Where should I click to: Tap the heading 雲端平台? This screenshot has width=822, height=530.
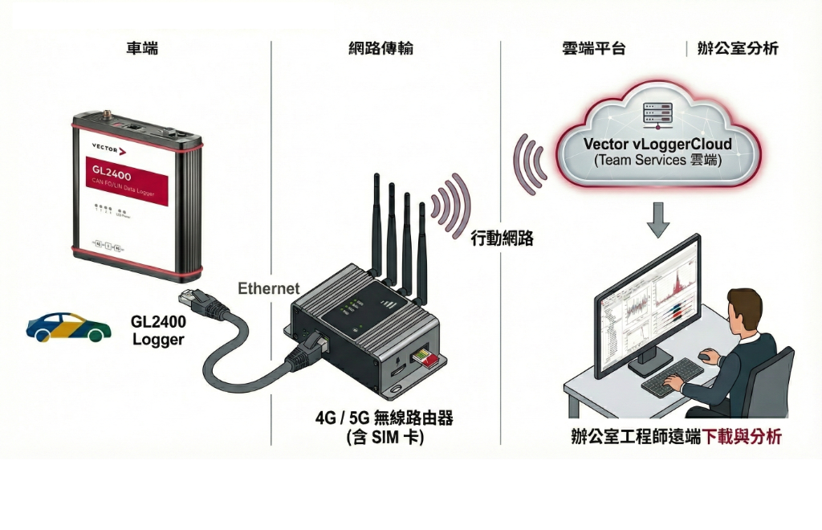point(594,48)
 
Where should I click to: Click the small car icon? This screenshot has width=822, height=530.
point(68,326)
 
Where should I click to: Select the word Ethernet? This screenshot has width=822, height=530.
point(269,288)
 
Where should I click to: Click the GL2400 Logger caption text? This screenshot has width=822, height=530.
point(158,330)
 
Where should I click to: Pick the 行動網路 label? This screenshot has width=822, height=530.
point(502,238)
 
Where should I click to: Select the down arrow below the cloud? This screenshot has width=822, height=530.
point(658,218)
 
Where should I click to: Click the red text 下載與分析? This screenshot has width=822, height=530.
point(742,438)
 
